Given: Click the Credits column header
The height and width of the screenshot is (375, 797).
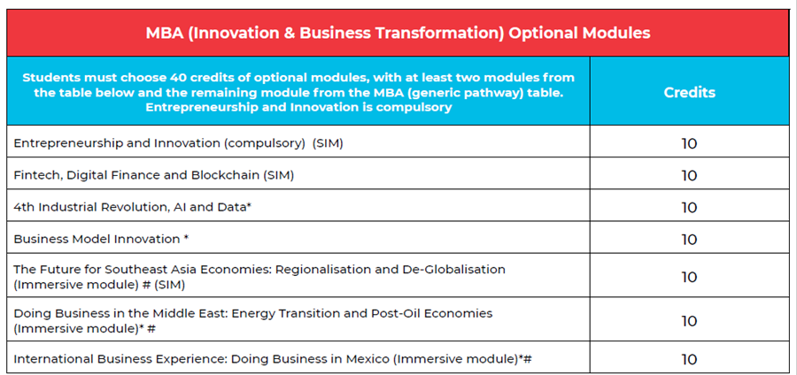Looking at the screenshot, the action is click(689, 92).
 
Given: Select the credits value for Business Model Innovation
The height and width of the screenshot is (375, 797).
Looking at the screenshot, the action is click(689, 240).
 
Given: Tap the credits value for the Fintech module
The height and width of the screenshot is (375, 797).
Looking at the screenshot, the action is click(689, 176).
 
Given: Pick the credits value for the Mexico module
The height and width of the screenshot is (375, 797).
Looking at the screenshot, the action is click(689, 360).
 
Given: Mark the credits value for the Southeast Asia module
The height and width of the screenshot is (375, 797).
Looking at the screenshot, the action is click(689, 277).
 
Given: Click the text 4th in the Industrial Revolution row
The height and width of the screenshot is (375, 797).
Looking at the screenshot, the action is click(22, 208).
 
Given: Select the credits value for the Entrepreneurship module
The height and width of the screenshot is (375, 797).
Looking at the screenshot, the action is click(689, 144).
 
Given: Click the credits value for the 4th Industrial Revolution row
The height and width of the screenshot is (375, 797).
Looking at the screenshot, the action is click(689, 208).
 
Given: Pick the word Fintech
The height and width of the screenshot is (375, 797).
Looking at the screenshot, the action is click(33, 175).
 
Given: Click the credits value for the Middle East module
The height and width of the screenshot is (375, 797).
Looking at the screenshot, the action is click(689, 321).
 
